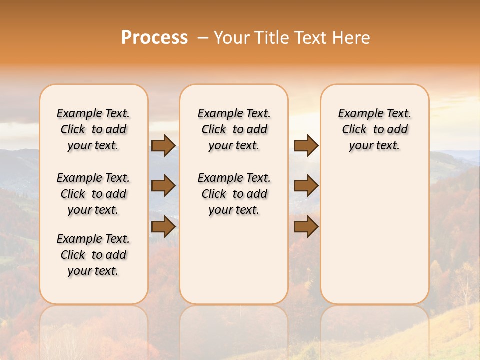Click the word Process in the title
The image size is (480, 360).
click(154, 38)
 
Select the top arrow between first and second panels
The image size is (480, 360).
click(163, 145)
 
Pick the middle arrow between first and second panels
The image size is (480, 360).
click(163, 186)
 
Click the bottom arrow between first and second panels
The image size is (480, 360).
click(163, 227)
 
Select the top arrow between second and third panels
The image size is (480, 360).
click(306, 145)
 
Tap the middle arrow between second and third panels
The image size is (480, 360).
click(306, 186)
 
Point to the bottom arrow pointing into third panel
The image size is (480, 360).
click(306, 227)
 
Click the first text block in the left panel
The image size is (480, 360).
click(93, 129)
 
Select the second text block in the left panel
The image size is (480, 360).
click(93, 194)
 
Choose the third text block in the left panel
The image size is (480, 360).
click(93, 255)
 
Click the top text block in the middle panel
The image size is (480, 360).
click(234, 129)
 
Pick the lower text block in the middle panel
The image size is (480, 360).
click(234, 194)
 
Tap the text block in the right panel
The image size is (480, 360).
click(374, 129)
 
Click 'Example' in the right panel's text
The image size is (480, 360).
click(358, 114)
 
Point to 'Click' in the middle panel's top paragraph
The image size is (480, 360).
click(214, 130)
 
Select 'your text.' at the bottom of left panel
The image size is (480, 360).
click(93, 271)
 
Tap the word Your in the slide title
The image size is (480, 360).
click(232, 38)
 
